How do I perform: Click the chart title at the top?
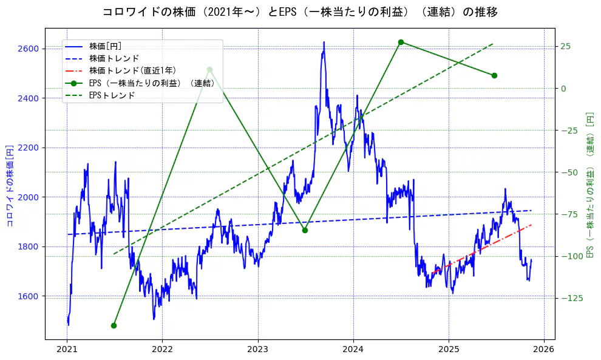(x=300, y=12)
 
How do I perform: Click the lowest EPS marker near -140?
(x=114, y=325)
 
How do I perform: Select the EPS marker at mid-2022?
(x=209, y=70)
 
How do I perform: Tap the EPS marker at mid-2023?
(x=305, y=230)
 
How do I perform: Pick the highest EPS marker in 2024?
(x=401, y=42)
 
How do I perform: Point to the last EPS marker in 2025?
(x=494, y=75)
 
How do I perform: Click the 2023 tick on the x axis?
(x=257, y=349)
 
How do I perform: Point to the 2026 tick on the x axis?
(x=544, y=349)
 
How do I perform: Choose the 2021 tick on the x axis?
(x=67, y=349)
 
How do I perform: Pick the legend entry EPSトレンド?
(x=112, y=95)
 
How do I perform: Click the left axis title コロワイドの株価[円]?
(x=10, y=185)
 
